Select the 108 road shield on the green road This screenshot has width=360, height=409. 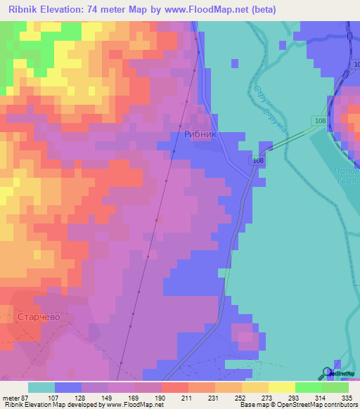coord(320,121)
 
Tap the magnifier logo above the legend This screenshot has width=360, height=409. coord(328,373)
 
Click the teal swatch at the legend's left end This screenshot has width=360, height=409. coord(41,387)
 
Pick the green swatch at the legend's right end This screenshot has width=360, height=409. coord(335,387)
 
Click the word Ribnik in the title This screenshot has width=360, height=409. coord(25,10)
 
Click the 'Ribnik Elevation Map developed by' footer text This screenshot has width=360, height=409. coord(55,405)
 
